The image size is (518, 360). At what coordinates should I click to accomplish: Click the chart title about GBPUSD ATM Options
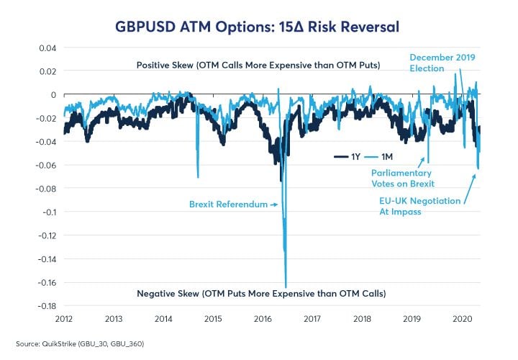click(258, 27)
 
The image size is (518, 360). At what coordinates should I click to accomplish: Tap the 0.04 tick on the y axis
click(47, 48)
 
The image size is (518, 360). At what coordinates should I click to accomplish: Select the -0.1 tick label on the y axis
click(47, 212)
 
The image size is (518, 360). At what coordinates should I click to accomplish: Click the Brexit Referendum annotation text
click(229, 204)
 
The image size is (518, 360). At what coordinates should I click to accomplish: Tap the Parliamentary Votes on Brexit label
click(401, 178)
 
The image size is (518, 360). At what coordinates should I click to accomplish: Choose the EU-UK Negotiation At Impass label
click(419, 206)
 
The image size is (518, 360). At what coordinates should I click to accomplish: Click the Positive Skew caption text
click(258, 66)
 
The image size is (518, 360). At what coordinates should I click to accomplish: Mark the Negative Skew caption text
click(261, 294)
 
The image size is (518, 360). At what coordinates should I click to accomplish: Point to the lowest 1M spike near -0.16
click(286, 286)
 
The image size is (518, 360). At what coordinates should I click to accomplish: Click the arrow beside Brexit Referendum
click(273, 204)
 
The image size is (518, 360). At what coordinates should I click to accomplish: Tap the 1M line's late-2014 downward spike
click(198, 176)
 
